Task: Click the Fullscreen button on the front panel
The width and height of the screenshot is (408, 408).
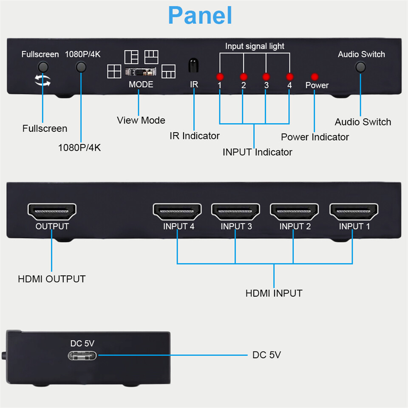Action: click(42, 67)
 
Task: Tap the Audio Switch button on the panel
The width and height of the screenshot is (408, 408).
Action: click(361, 67)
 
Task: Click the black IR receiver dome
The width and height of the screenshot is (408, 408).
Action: click(194, 65)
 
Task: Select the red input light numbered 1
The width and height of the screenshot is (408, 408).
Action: click(220, 77)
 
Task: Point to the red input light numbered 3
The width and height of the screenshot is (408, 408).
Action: click(266, 77)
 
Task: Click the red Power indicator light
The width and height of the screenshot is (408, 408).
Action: click(314, 77)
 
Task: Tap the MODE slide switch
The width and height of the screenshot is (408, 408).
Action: click(141, 72)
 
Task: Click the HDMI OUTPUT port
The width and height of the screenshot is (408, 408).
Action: click(52, 211)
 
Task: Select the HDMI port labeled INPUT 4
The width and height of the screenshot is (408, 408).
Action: click(178, 211)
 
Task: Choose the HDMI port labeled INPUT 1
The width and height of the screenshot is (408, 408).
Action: click(354, 211)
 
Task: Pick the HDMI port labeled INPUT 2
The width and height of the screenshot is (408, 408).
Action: click(295, 211)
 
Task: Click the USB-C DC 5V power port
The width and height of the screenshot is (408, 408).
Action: click(82, 355)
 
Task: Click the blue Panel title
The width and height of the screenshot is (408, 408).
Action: click(200, 15)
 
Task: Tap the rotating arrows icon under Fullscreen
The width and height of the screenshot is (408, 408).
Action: click(42, 81)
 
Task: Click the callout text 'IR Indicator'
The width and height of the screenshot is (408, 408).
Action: click(195, 136)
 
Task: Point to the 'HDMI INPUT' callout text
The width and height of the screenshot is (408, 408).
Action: click(274, 293)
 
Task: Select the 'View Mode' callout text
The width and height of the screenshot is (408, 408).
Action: click(141, 120)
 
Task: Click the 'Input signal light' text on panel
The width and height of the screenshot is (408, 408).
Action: click(255, 46)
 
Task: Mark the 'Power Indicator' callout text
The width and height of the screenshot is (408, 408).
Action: click(315, 137)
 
